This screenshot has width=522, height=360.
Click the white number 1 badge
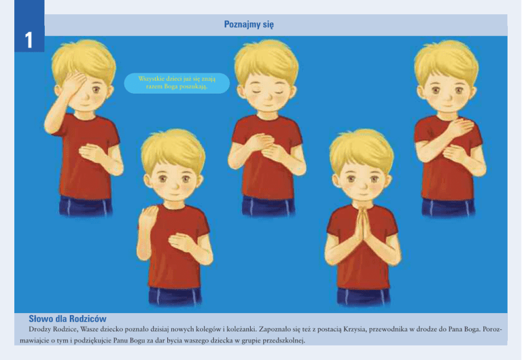coord(29,40)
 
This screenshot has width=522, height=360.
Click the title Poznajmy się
coord(249,24)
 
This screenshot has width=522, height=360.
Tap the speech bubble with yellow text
coord(177,83)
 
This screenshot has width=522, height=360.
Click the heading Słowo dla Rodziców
coord(67,319)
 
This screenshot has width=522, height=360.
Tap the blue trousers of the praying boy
coord(363,296)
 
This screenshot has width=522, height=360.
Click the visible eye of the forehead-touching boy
coord(96,89)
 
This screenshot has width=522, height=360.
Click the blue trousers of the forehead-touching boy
coord(86,206)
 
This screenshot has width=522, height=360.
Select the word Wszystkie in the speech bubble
coord(150,79)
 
